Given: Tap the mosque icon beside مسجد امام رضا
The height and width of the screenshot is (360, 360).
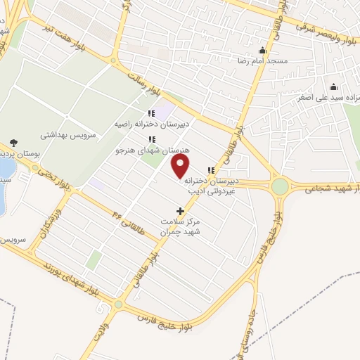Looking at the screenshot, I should pyautogui.click(x=262, y=50).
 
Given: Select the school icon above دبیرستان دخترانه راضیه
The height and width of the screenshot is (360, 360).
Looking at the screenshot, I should pyautogui.click(x=150, y=114).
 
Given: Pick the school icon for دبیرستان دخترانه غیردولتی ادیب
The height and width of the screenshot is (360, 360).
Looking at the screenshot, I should pyautogui.click(x=211, y=169).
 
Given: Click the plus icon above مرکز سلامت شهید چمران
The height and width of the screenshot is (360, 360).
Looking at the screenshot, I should pyautogui.click(x=180, y=210).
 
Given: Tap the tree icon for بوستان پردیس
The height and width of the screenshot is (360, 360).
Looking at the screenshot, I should pyautogui.click(x=14, y=143).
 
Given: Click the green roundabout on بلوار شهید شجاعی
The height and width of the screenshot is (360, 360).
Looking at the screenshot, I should pyautogui.click(x=280, y=186).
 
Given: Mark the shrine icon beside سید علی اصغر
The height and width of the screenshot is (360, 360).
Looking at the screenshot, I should pyautogui.click(x=334, y=87).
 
